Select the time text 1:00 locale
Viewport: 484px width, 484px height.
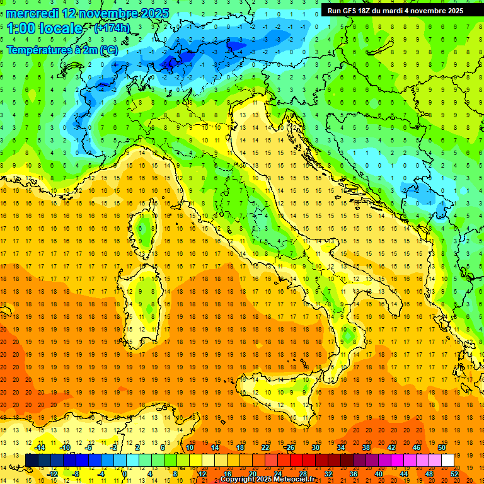tap(45, 28)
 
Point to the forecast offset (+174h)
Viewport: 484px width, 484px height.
tap(112, 28)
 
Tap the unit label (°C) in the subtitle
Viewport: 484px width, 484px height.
tap(108, 49)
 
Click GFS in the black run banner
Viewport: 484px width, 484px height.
tap(349, 10)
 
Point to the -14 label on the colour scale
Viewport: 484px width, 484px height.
tap(40, 447)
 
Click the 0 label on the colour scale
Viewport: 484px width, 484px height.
tap(125, 473)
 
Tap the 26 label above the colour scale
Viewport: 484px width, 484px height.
tap(290, 447)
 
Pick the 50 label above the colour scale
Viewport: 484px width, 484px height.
tap(441, 447)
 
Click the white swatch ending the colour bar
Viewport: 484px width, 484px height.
tap(447, 460)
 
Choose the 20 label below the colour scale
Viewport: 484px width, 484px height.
tap(252, 473)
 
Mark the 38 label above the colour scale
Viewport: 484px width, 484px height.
tap(366, 447)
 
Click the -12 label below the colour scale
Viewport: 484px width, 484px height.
tap(52, 473)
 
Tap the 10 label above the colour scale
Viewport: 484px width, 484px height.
tap(189, 447)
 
